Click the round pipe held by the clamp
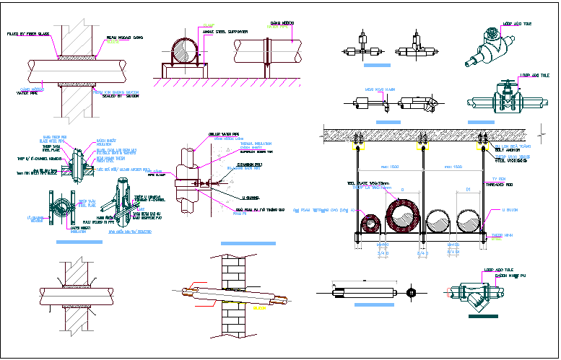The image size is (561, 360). pyautogui.click(x=183, y=52)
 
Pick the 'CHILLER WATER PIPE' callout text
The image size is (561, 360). pyautogui.click(x=225, y=134)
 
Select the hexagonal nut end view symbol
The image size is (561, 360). pyautogui.click(x=411, y=293)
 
